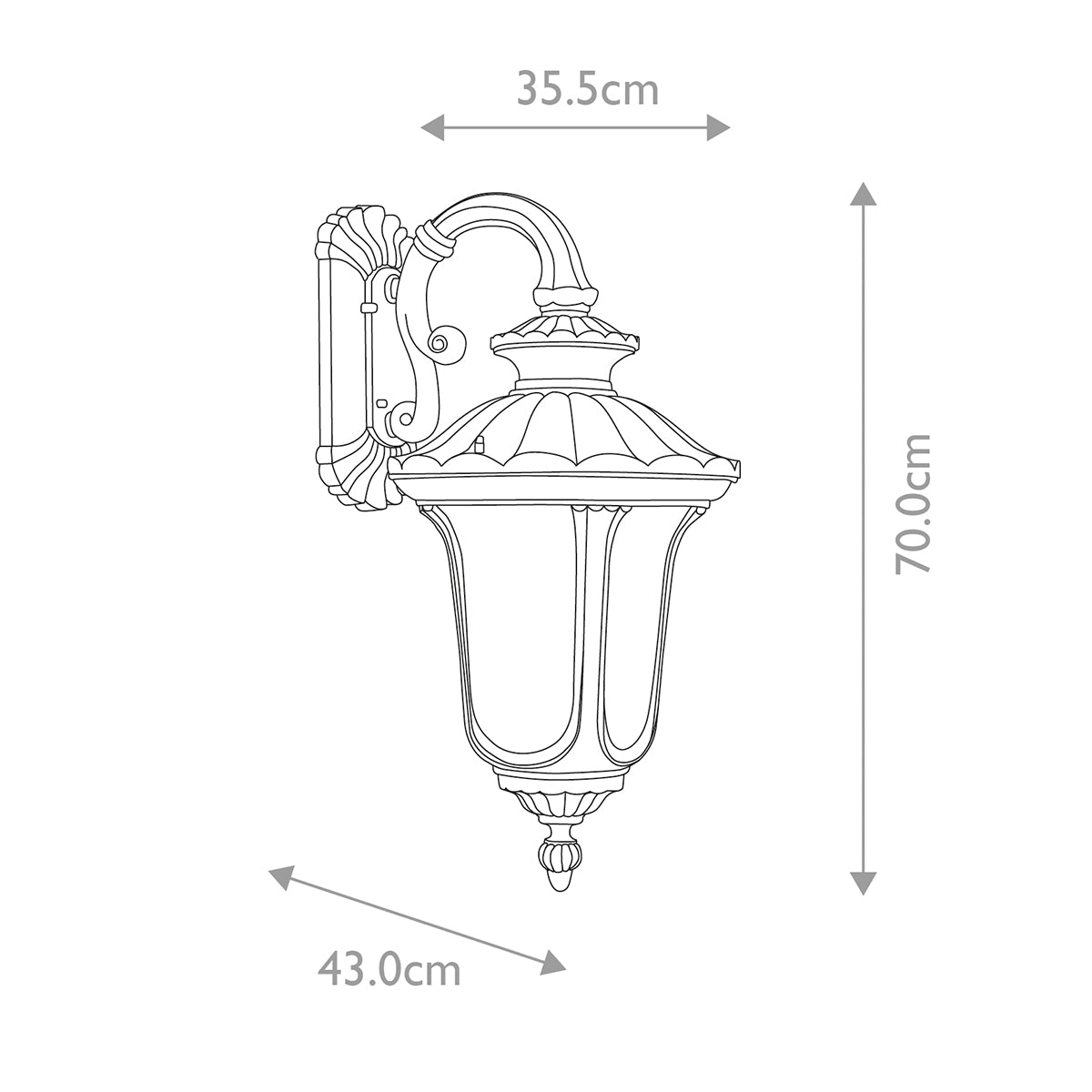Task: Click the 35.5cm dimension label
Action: point(587,89)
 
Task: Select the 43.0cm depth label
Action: point(389,970)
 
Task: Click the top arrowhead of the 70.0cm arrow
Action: point(863,194)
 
